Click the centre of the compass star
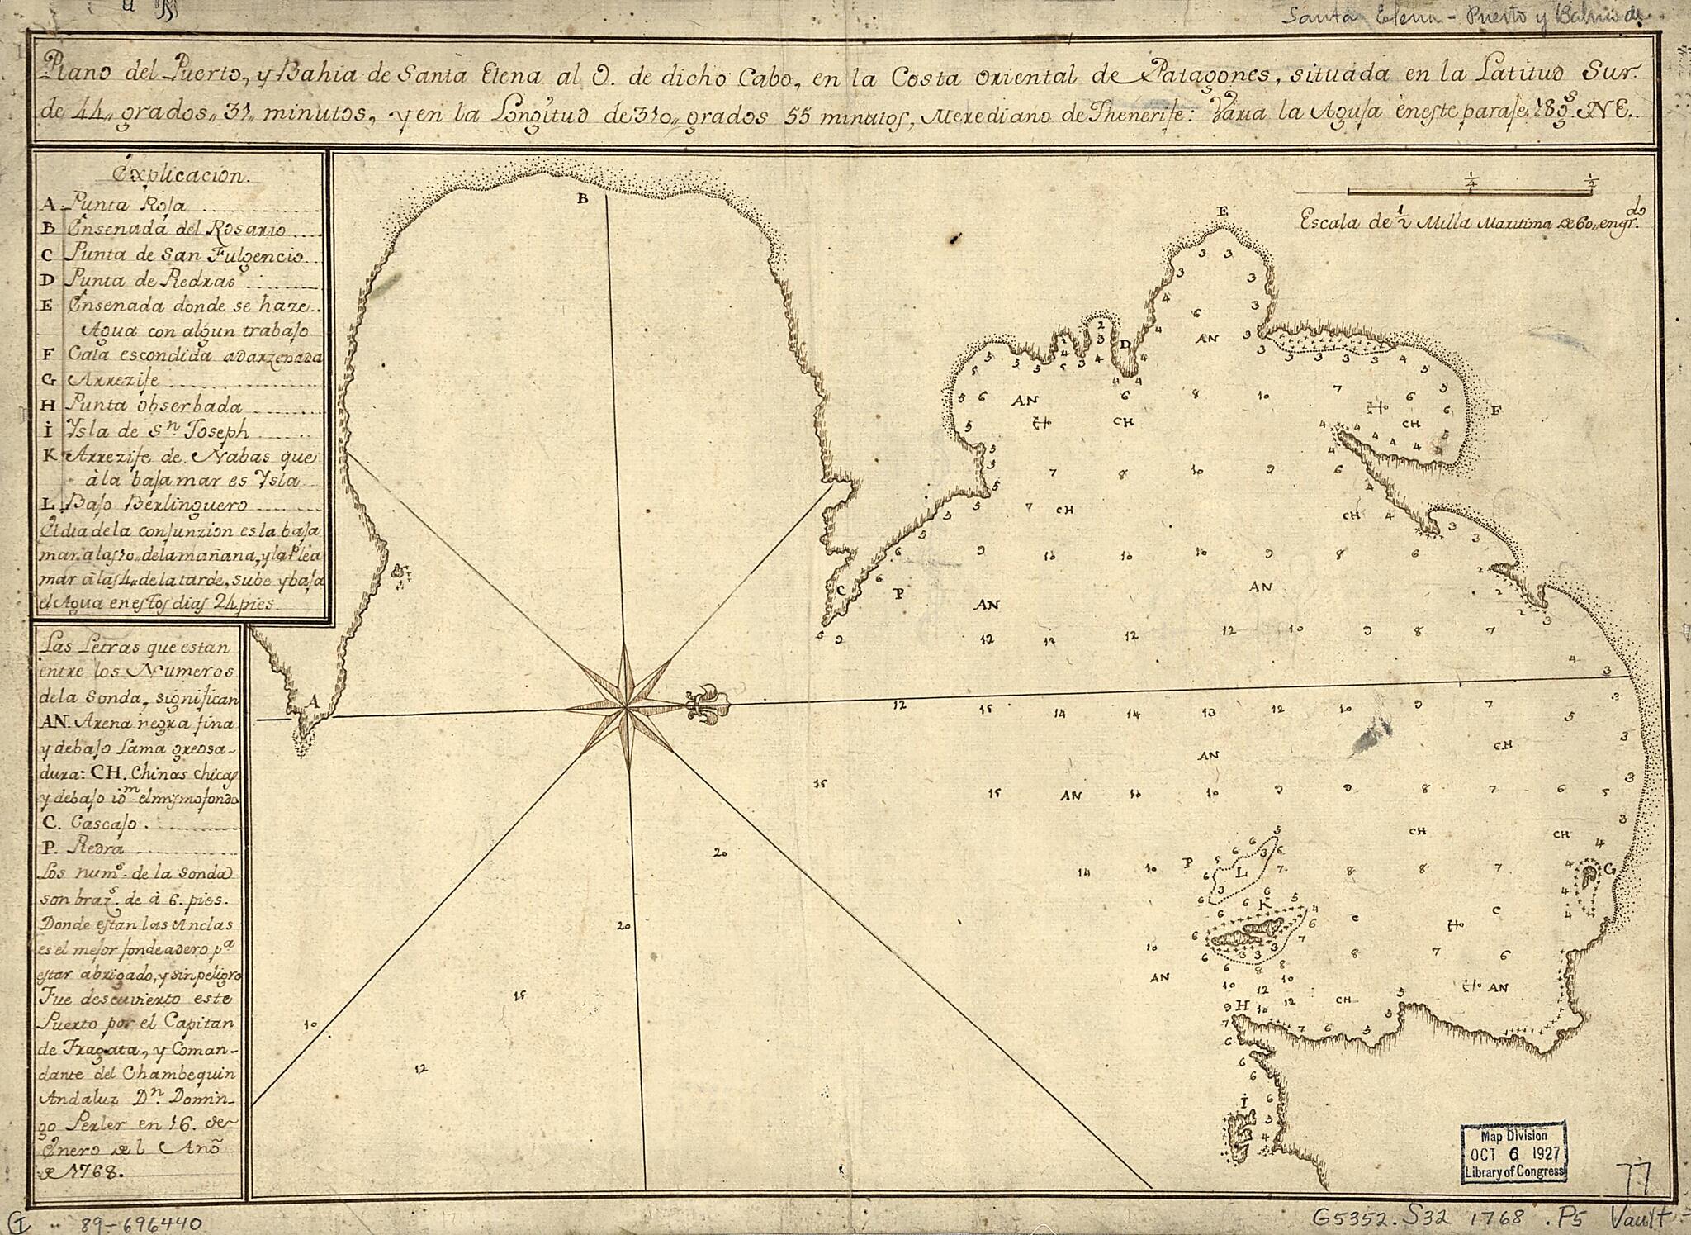626,708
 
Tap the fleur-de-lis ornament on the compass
708,705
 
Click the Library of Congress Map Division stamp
1514,1151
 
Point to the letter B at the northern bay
582,199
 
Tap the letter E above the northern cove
1223,212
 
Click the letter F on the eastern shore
1496,410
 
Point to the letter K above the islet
1262,902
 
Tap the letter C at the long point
841,590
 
